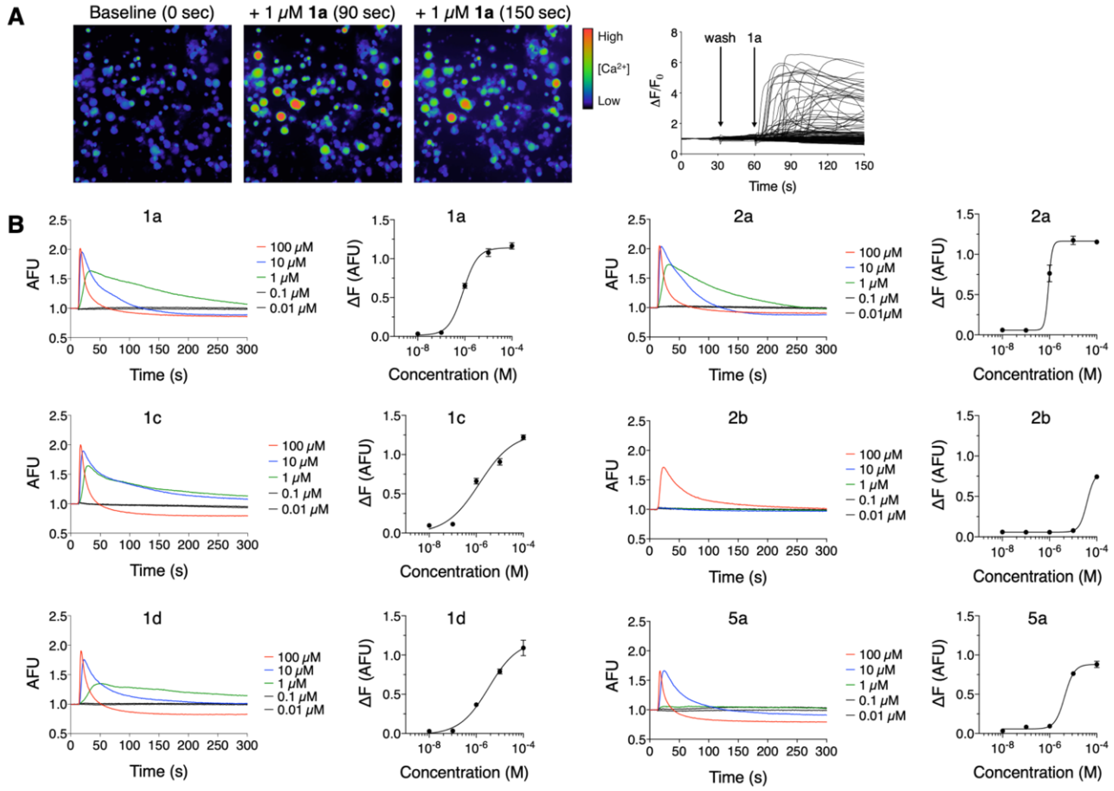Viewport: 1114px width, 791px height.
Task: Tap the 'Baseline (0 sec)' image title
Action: pyautogui.click(x=151, y=12)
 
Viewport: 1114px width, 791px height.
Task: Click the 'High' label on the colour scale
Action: pyautogui.click(x=610, y=37)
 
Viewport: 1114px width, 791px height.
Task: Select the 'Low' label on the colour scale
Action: pyautogui.click(x=609, y=101)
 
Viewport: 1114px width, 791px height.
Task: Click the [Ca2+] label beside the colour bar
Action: pyautogui.click(x=614, y=69)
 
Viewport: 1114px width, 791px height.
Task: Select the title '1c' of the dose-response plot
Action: pyautogui.click(x=456, y=418)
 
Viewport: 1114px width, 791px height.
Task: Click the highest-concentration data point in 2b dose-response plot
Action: pyautogui.click(x=1097, y=477)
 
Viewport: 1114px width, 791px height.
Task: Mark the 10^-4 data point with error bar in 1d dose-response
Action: pyautogui.click(x=523, y=648)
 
